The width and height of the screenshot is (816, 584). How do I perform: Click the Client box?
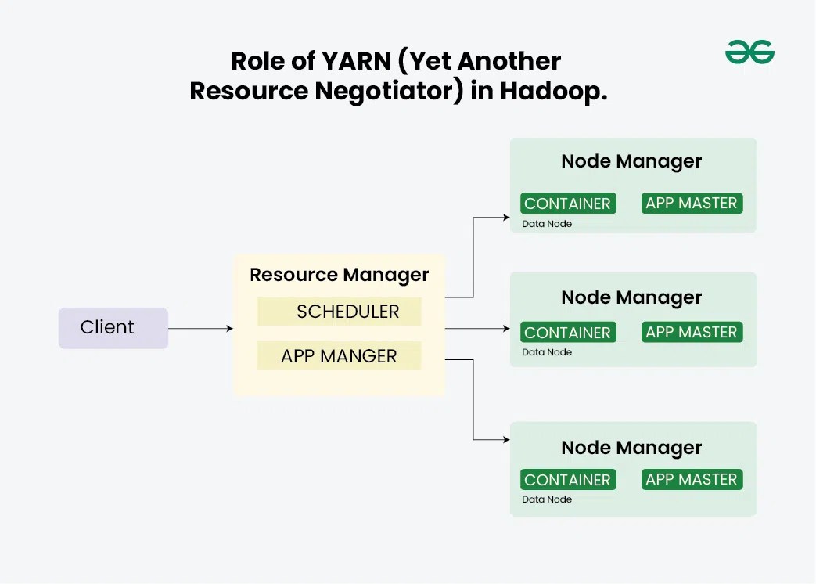point(113,328)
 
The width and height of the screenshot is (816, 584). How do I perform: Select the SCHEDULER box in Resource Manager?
point(340,312)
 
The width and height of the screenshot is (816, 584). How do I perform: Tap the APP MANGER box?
point(340,356)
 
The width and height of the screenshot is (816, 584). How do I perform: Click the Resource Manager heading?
point(339,275)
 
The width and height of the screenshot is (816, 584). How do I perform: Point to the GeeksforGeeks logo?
point(749,52)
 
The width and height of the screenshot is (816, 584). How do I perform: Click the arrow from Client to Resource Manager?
point(200,329)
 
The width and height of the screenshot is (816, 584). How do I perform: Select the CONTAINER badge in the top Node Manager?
point(568,204)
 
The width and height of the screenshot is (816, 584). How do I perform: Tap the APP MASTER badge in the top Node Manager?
point(692,204)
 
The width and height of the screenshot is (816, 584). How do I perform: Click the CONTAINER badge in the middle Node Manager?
point(568,333)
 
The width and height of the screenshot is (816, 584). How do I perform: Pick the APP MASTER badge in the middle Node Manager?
point(692,332)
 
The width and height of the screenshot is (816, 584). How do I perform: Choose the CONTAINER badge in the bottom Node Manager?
point(568,480)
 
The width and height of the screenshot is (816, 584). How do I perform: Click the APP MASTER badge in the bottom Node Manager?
point(692,479)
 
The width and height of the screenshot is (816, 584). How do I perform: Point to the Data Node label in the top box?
point(547,224)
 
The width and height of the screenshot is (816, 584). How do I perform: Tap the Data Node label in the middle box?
point(547,352)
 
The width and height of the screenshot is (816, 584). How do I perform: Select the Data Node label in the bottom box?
point(547,499)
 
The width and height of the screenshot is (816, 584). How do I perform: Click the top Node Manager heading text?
point(631,162)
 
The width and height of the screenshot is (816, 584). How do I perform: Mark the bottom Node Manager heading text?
point(631,448)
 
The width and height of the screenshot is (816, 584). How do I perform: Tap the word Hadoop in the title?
point(553,91)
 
